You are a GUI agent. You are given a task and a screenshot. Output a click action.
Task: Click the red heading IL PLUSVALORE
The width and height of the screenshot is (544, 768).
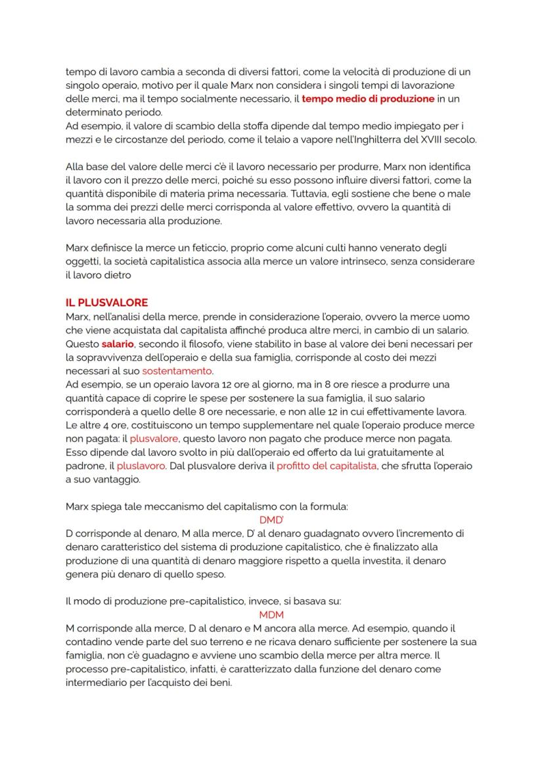107,303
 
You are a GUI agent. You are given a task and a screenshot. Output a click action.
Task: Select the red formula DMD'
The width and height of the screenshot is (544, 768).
271,519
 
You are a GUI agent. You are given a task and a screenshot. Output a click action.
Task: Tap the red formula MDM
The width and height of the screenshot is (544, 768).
271,615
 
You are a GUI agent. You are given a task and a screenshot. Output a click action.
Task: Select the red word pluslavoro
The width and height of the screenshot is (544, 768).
141,466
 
